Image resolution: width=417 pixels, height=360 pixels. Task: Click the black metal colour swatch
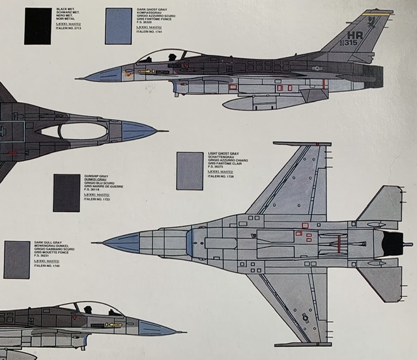(37, 26)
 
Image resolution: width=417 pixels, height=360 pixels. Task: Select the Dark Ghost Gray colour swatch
(118, 26)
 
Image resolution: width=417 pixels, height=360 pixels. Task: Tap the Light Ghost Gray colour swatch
(190, 171)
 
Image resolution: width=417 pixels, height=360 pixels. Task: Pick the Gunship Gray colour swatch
(66, 192)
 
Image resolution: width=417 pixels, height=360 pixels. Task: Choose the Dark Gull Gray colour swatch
(17, 259)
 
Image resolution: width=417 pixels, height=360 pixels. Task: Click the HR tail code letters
(356, 36)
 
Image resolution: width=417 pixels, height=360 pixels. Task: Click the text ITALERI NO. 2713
(69, 29)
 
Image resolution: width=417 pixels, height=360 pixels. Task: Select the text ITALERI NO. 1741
(149, 32)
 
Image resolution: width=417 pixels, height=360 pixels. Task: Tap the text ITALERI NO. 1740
(47, 266)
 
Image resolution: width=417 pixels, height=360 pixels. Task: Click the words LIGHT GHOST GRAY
(223, 154)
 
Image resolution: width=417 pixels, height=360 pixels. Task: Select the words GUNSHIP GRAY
(95, 176)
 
